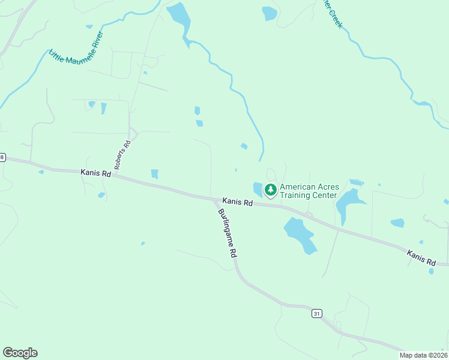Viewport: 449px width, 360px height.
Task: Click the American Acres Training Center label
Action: pyautogui.click(x=309, y=191)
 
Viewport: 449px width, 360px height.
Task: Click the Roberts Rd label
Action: pyautogui.click(x=122, y=155)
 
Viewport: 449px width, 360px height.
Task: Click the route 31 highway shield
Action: pyautogui.click(x=316, y=313)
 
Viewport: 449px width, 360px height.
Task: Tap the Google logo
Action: pyautogui.click(x=20, y=353)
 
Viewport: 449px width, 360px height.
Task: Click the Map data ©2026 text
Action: pyautogui.click(x=423, y=355)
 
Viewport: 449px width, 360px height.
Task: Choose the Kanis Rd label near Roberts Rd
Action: pyautogui.click(x=96, y=173)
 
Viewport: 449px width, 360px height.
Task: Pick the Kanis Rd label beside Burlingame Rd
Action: pyautogui.click(x=237, y=202)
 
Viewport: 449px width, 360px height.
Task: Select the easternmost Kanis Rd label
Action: pyautogui.click(x=421, y=257)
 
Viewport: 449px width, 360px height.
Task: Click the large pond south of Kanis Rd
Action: pyautogui.click(x=300, y=235)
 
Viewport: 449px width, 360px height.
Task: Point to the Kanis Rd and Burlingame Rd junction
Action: pyautogui.click(x=214, y=199)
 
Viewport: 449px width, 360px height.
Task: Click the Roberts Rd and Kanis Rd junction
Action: pyautogui.click(x=114, y=175)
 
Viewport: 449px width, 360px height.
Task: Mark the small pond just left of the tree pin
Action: pyautogui.click(x=258, y=189)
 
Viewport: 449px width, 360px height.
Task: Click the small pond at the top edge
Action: pyautogui.click(x=270, y=13)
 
